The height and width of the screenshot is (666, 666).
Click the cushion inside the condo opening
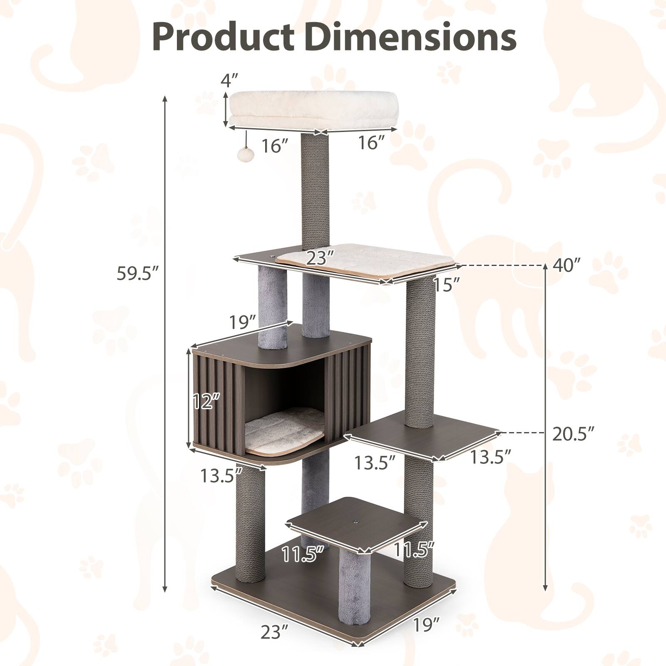(x=285, y=437)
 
